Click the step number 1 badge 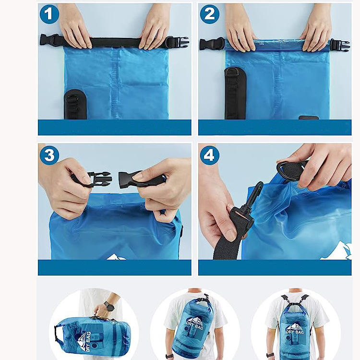[49, 14]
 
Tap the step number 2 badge [210, 14]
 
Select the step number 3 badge [49, 155]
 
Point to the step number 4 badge [210, 155]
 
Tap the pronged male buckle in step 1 [180, 42]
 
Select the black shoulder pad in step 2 [235, 93]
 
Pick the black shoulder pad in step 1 [75, 105]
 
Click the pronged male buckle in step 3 [96, 179]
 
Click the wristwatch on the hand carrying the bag [109, 306]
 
